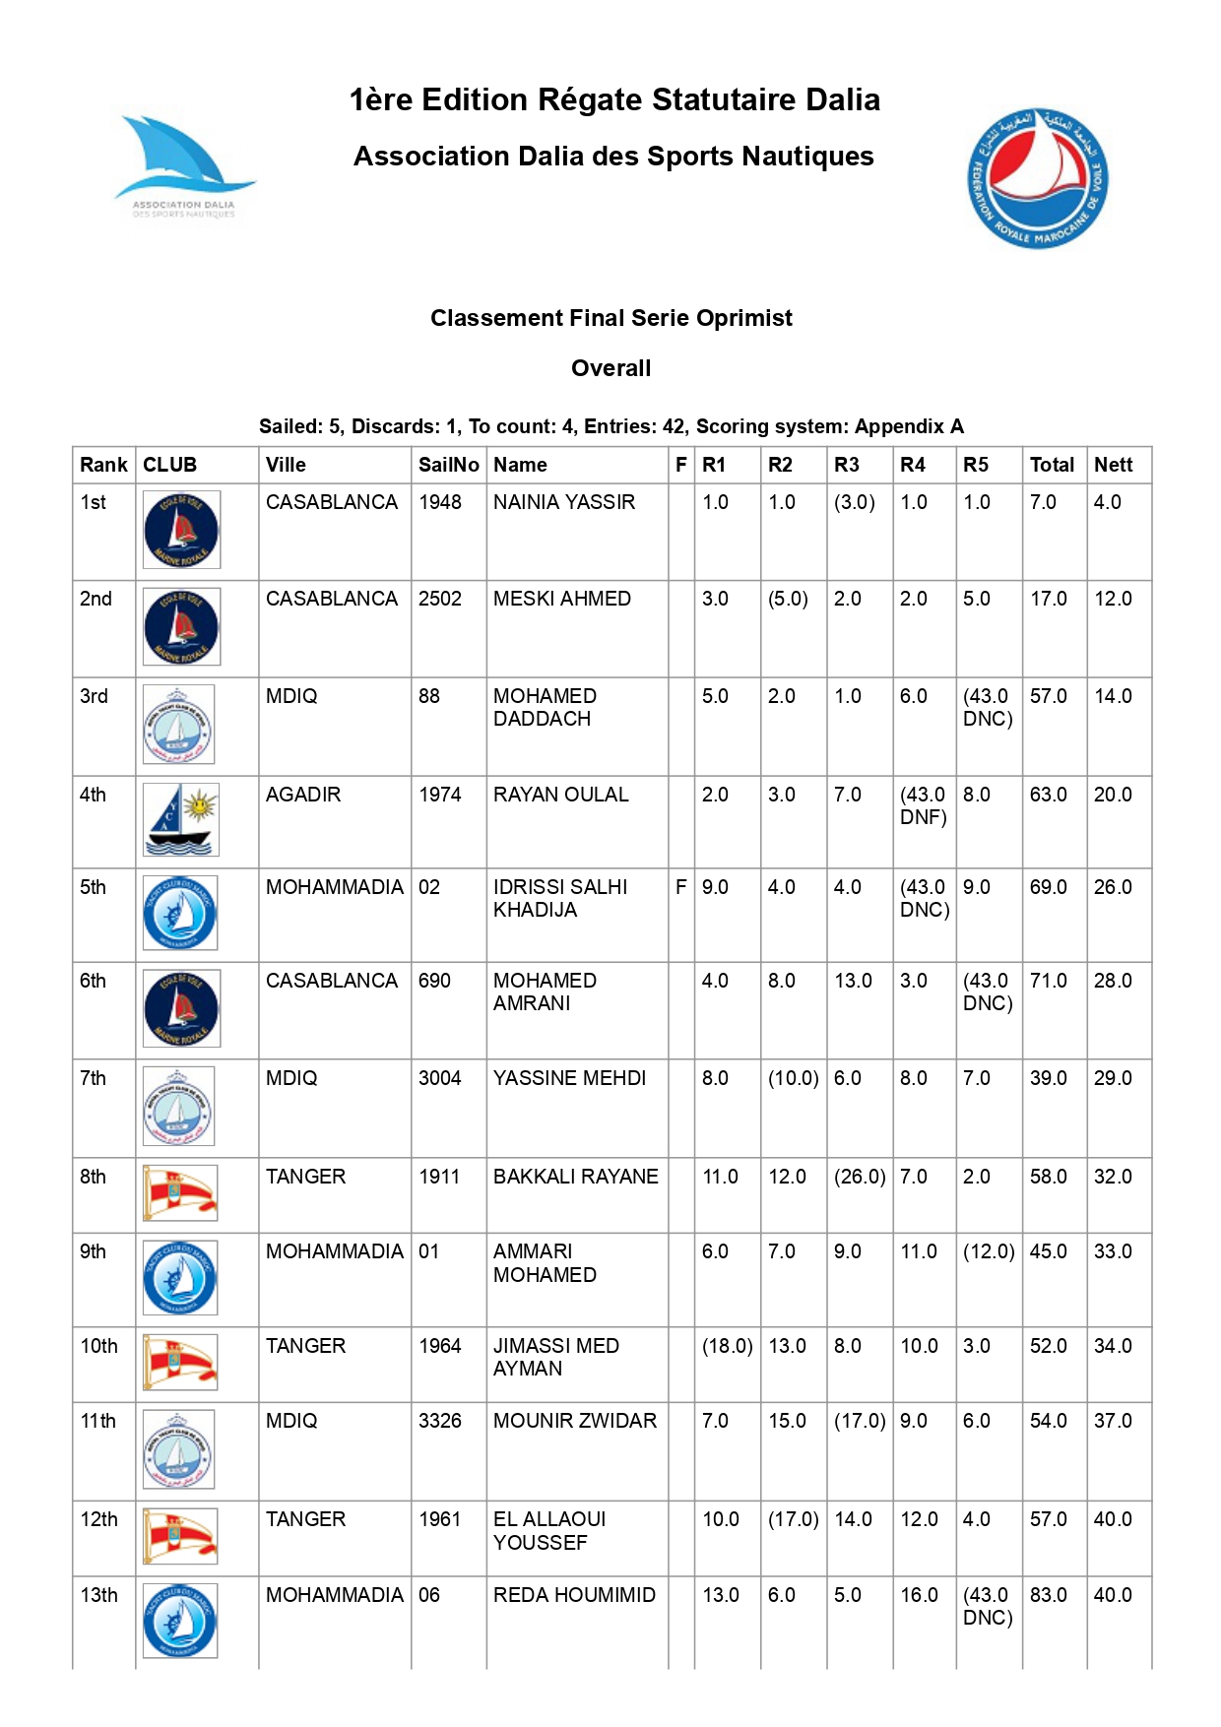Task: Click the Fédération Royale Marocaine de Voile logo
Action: [x=1037, y=178]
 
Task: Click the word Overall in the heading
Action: [x=610, y=368]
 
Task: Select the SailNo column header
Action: [x=448, y=465]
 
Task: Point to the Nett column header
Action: [x=1113, y=465]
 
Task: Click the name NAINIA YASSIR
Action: [x=564, y=502]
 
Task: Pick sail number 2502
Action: [x=440, y=599]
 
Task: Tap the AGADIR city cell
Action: [x=303, y=795]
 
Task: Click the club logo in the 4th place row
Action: [x=180, y=819]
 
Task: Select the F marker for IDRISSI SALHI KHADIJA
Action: [x=680, y=887]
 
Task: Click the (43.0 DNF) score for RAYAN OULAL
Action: [x=923, y=805]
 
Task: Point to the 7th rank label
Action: [x=93, y=1078]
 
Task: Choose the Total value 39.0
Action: [x=1048, y=1078]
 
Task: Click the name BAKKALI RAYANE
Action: [x=575, y=1177]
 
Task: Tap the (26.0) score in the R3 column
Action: [x=859, y=1177]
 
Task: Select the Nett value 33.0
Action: [x=1113, y=1251]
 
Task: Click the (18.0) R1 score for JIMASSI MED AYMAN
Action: [x=727, y=1346]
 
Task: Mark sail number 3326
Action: [x=440, y=1421]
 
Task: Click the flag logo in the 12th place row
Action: [x=179, y=1536]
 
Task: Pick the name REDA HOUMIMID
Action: [x=574, y=1595]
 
